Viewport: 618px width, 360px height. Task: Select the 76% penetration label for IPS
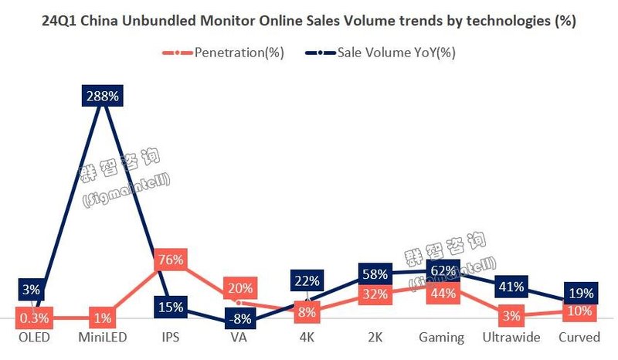click(169, 260)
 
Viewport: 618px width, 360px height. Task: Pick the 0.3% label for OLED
click(33, 316)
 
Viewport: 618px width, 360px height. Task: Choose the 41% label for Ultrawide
click(510, 287)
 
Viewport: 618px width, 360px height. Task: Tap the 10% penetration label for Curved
click(579, 311)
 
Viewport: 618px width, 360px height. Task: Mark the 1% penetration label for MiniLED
click(102, 316)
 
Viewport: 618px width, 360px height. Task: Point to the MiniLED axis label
click(102, 338)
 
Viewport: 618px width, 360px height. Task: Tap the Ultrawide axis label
click(510, 338)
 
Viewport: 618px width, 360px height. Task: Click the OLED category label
click(33, 338)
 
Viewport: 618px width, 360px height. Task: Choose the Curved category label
click(579, 338)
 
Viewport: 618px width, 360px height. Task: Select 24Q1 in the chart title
click(61, 22)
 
